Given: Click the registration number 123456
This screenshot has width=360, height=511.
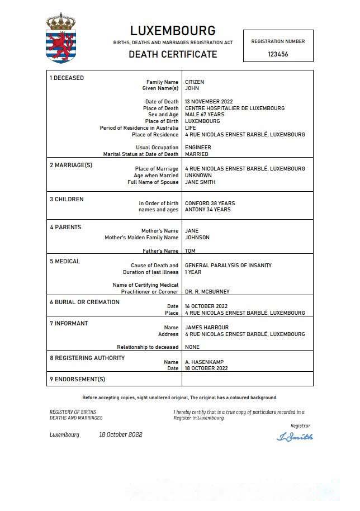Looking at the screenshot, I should (x=278, y=54).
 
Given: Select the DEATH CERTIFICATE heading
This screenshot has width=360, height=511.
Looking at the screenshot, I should (x=173, y=54).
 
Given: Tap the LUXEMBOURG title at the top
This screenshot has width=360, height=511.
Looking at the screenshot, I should (x=173, y=31).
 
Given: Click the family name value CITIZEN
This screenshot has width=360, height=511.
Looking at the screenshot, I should (x=195, y=82).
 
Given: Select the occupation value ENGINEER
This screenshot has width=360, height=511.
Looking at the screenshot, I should (x=198, y=148).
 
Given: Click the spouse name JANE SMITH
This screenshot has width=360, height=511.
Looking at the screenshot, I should (x=200, y=182).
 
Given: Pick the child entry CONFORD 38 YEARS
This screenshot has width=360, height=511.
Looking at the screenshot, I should (x=210, y=204).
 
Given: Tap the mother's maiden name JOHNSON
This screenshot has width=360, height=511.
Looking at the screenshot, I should (x=197, y=238).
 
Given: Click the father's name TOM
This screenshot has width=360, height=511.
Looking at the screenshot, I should (x=190, y=251).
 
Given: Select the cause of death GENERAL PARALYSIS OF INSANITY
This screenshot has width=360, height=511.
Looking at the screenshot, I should (x=228, y=266).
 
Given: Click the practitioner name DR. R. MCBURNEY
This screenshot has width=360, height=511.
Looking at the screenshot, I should (x=207, y=292).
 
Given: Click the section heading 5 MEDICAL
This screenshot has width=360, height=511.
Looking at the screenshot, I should (x=65, y=261).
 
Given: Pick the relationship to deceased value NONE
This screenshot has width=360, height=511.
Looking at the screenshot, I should (x=192, y=347).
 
